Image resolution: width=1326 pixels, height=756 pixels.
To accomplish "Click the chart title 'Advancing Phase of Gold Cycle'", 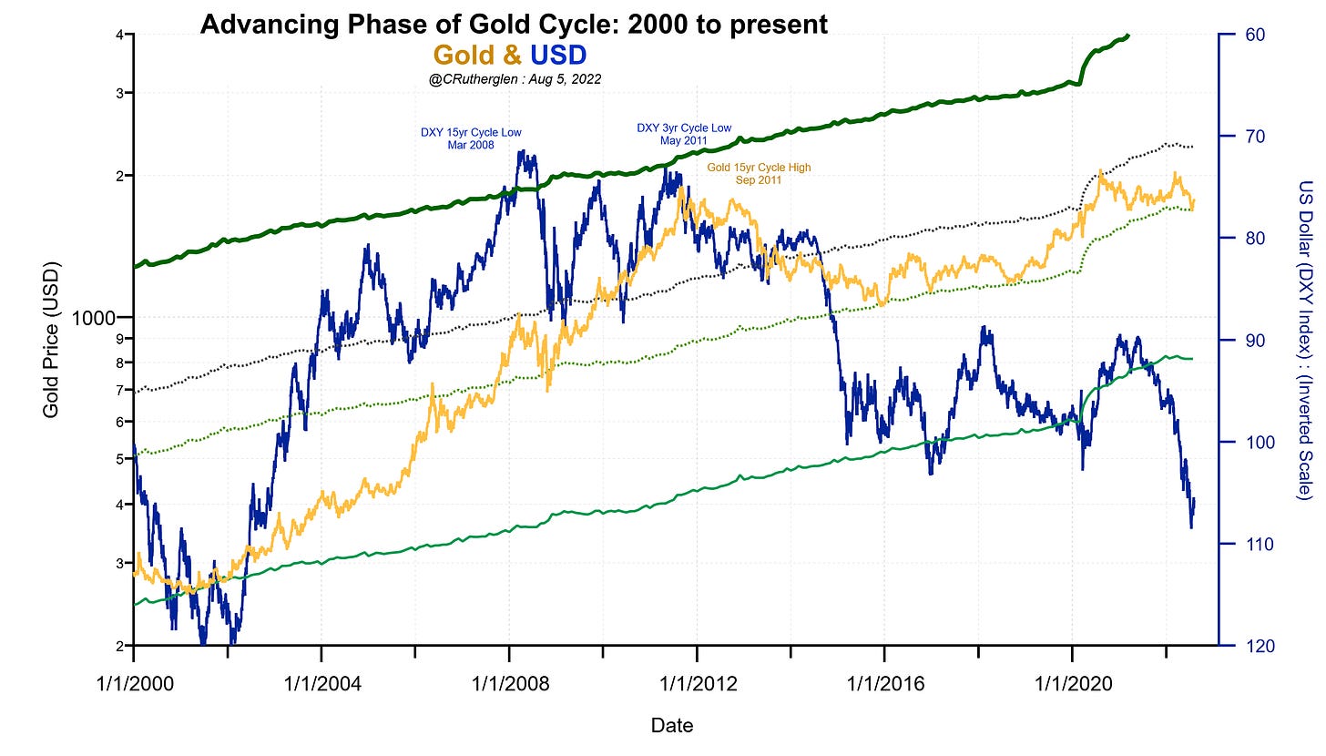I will tap(514, 25).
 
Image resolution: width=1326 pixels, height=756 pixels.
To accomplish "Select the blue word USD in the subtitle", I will tap(558, 56).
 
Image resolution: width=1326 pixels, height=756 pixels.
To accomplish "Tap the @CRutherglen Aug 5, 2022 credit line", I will tap(515, 80).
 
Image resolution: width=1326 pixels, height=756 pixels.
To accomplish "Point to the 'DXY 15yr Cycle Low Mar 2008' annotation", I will tap(471, 138).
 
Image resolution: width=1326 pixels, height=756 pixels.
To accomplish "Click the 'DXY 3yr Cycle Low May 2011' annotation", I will tap(683, 134).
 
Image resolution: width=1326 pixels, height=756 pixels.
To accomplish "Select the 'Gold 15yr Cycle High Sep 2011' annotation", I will tap(759, 174).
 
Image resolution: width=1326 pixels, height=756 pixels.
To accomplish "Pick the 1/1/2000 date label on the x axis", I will tap(134, 682).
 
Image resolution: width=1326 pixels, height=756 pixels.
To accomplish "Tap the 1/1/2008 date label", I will tap(509, 682).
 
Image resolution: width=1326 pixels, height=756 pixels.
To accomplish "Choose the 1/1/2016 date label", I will tap(884, 682).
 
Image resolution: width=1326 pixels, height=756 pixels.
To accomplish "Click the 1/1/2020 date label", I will tap(1072, 682).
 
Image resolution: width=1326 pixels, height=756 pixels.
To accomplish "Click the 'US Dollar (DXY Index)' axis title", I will tap(1302, 339).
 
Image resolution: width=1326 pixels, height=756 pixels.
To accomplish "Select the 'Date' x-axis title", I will tap(672, 726).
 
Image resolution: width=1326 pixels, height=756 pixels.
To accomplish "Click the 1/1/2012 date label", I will tap(697, 682).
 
